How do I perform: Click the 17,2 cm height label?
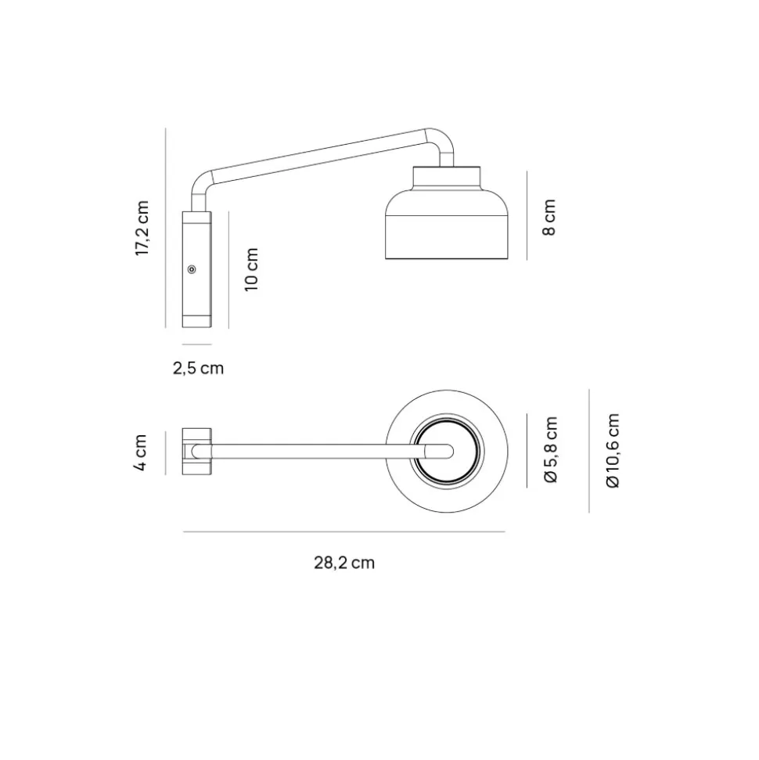point(142,229)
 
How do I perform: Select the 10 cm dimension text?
point(251,269)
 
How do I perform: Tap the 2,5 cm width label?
point(198,369)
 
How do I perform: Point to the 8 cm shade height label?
point(549,217)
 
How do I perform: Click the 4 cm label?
point(140,452)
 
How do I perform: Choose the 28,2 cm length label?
point(344,563)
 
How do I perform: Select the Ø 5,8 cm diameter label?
point(551,449)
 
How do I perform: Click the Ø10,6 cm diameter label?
point(613,451)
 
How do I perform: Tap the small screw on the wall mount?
point(192,269)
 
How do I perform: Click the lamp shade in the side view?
point(446,224)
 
